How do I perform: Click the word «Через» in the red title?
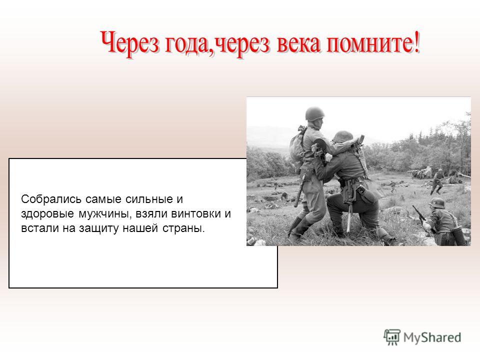130,43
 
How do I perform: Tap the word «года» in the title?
189,44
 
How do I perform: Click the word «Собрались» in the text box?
51,199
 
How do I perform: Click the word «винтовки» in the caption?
196,213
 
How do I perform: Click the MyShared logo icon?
392,337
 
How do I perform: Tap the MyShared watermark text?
432,337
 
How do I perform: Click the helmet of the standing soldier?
314,113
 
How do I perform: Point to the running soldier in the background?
437,181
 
